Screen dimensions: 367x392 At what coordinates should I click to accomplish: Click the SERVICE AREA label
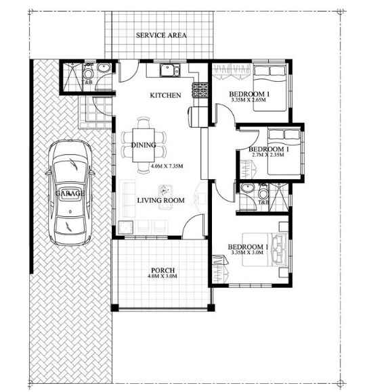[161, 35]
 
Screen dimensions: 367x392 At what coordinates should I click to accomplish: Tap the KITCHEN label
[165, 95]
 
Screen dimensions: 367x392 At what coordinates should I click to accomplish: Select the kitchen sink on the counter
[170, 70]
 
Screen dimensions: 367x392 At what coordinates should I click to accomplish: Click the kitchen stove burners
[200, 90]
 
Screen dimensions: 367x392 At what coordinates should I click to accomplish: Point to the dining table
[144, 145]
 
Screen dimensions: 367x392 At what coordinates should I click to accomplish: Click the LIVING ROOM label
[161, 200]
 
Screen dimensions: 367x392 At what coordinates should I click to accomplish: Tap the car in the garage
[70, 193]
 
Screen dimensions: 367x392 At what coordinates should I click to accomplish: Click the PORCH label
[163, 270]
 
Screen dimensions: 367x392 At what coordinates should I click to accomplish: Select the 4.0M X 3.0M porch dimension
[163, 276]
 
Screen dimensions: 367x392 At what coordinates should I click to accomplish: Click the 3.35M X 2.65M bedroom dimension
[249, 100]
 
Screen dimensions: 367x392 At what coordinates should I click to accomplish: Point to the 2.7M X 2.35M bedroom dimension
[268, 155]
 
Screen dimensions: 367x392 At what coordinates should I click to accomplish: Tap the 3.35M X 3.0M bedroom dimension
[247, 253]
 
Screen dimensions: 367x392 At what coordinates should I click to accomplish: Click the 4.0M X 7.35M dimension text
[167, 166]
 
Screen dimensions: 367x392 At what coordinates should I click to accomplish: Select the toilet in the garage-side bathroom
[88, 72]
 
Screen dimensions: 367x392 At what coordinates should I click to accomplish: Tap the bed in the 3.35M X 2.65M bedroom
[269, 88]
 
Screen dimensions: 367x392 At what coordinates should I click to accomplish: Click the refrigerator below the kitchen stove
[198, 117]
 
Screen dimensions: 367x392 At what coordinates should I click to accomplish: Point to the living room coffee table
[165, 190]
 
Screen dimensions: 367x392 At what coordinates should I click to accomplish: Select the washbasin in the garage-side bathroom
[104, 68]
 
